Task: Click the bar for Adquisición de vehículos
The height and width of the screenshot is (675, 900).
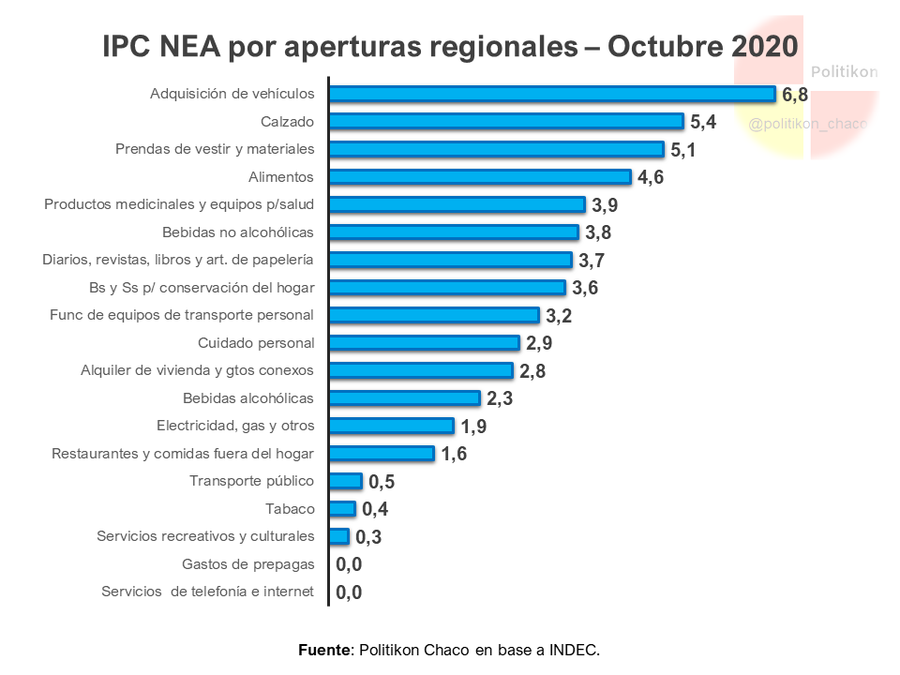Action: [x=552, y=94]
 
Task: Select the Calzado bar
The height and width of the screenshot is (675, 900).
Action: [x=506, y=121]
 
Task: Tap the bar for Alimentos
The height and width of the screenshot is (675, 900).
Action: [x=480, y=176]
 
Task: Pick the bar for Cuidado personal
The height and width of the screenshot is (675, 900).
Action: [x=424, y=343]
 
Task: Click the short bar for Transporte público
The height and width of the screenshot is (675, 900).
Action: [x=346, y=481]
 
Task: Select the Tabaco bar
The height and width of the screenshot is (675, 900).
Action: [x=343, y=509]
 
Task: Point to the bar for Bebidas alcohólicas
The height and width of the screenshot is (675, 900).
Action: [x=404, y=398]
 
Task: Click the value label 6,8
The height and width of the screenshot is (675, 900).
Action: [x=795, y=95]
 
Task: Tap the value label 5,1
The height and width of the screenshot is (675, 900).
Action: [x=682, y=150]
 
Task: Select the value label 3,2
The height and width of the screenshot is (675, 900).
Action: [x=559, y=316]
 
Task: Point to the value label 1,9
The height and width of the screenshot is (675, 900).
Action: [x=473, y=427]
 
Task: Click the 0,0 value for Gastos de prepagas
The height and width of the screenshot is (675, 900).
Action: [x=349, y=564]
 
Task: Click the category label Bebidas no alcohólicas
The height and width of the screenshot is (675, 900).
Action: [x=238, y=232]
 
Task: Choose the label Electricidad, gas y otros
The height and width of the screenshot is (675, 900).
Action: [x=235, y=426]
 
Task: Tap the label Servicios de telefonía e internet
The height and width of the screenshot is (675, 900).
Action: [x=207, y=592]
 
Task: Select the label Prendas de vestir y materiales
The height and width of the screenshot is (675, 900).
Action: [x=215, y=149]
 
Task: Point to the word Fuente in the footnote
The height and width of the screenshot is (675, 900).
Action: [x=324, y=649]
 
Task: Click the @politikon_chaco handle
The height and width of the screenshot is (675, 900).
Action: [x=807, y=124]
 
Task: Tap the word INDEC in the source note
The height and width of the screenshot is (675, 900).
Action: [x=574, y=649]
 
